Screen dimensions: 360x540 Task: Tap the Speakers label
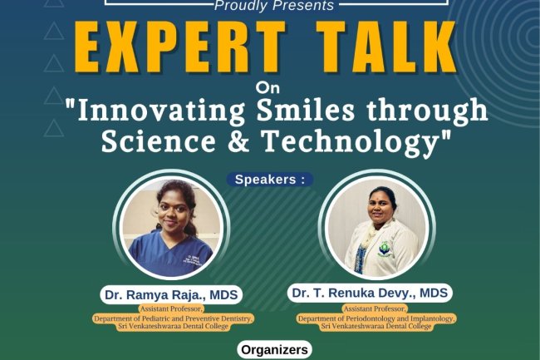pyautogui.click(x=270, y=179)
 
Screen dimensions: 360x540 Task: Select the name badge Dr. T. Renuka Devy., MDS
pyautogui.click(x=371, y=293)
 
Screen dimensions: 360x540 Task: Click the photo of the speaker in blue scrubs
pyautogui.click(x=171, y=229)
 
